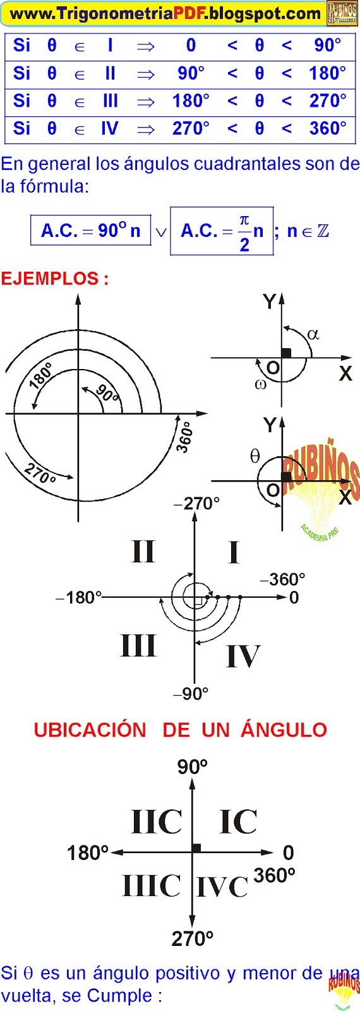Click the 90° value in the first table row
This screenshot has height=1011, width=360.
(x=327, y=45)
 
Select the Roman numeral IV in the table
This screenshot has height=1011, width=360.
(x=110, y=129)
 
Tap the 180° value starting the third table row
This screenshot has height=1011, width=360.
(x=191, y=100)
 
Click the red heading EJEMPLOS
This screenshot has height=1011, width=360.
(x=54, y=279)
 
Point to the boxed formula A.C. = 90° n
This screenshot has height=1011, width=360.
(x=91, y=231)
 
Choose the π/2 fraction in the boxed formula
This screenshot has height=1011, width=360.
(x=244, y=233)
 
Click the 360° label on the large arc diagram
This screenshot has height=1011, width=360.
(x=185, y=437)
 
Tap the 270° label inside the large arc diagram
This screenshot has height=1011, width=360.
(x=40, y=473)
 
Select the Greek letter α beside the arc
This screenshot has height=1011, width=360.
(x=313, y=334)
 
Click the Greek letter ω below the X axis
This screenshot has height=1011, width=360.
(x=260, y=384)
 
